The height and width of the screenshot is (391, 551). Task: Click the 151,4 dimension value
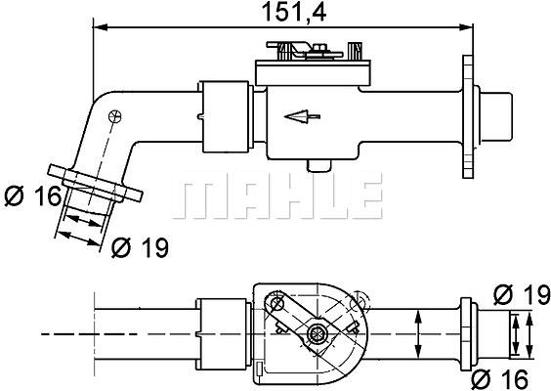click(x=294, y=12)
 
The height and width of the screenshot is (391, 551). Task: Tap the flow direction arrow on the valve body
click(x=302, y=116)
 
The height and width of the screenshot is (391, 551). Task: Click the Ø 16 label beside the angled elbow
click(x=33, y=196)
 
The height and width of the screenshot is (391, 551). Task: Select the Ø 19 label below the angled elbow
click(x=141, y=247)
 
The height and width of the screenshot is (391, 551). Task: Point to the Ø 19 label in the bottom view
click(x=522, y=294)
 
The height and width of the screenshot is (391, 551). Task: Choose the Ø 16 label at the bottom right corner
click(x=499, y=379)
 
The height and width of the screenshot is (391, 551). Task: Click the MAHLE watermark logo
click(x=276, y=195)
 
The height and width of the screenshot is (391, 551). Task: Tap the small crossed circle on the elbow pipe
click(x=115, y=116)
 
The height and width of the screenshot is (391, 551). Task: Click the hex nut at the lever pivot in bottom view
click(x=317, y=334)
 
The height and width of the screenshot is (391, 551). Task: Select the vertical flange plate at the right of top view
click(x=467, y=116)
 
